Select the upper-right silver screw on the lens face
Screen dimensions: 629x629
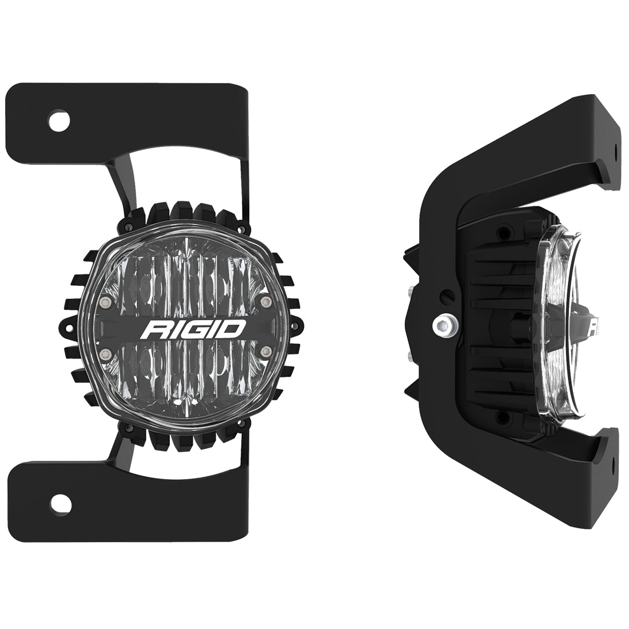pyautogui.click(x=264, y=301)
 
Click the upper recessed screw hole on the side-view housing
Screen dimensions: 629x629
pyautogui.click(x=503, y=233)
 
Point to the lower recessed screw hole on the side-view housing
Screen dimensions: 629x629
pyautogui.click(x=503, y=416)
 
